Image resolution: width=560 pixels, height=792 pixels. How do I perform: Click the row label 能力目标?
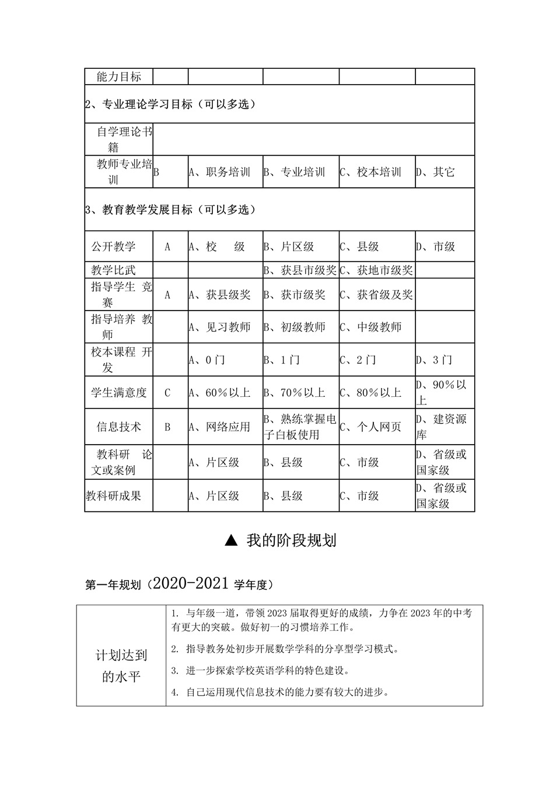[x=119, y=76]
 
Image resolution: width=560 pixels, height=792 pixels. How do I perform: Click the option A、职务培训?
[x=219, y=172]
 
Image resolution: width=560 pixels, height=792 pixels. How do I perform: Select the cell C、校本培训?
[x=370, y=172]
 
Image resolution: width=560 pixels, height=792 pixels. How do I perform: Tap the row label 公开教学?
[x=113, y=247]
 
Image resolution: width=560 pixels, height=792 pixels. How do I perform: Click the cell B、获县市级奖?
[x=300, y=270]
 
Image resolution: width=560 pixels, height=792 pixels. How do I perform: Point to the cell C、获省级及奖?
[x=376, y=295]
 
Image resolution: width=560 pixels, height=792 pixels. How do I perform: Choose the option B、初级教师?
[x=295, y=327]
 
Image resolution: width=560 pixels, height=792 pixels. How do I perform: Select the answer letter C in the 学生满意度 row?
[x=167, y=393]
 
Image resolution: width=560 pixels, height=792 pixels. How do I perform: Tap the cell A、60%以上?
[x=219, y=393]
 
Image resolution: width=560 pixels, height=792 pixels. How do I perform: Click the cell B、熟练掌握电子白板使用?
[x=300, y=427]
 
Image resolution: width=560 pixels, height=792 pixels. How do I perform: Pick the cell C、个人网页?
[x=370, y=427]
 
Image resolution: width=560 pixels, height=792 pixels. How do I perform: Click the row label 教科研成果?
[x=114, y=496]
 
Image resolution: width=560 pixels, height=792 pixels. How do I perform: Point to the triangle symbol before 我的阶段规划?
[x=231, y=540]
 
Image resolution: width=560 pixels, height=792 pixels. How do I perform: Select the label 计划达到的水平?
[x=121, y=666]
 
